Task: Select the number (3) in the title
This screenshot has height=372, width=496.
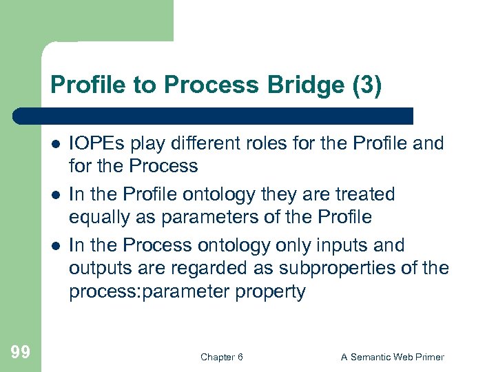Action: pos(366,86)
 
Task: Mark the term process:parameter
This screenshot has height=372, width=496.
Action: pos(145,292)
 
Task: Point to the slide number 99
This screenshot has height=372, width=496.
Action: pos(21,353)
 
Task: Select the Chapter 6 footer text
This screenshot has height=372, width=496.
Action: pos(221,357)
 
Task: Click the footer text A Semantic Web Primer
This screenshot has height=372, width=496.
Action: pos(393,357)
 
